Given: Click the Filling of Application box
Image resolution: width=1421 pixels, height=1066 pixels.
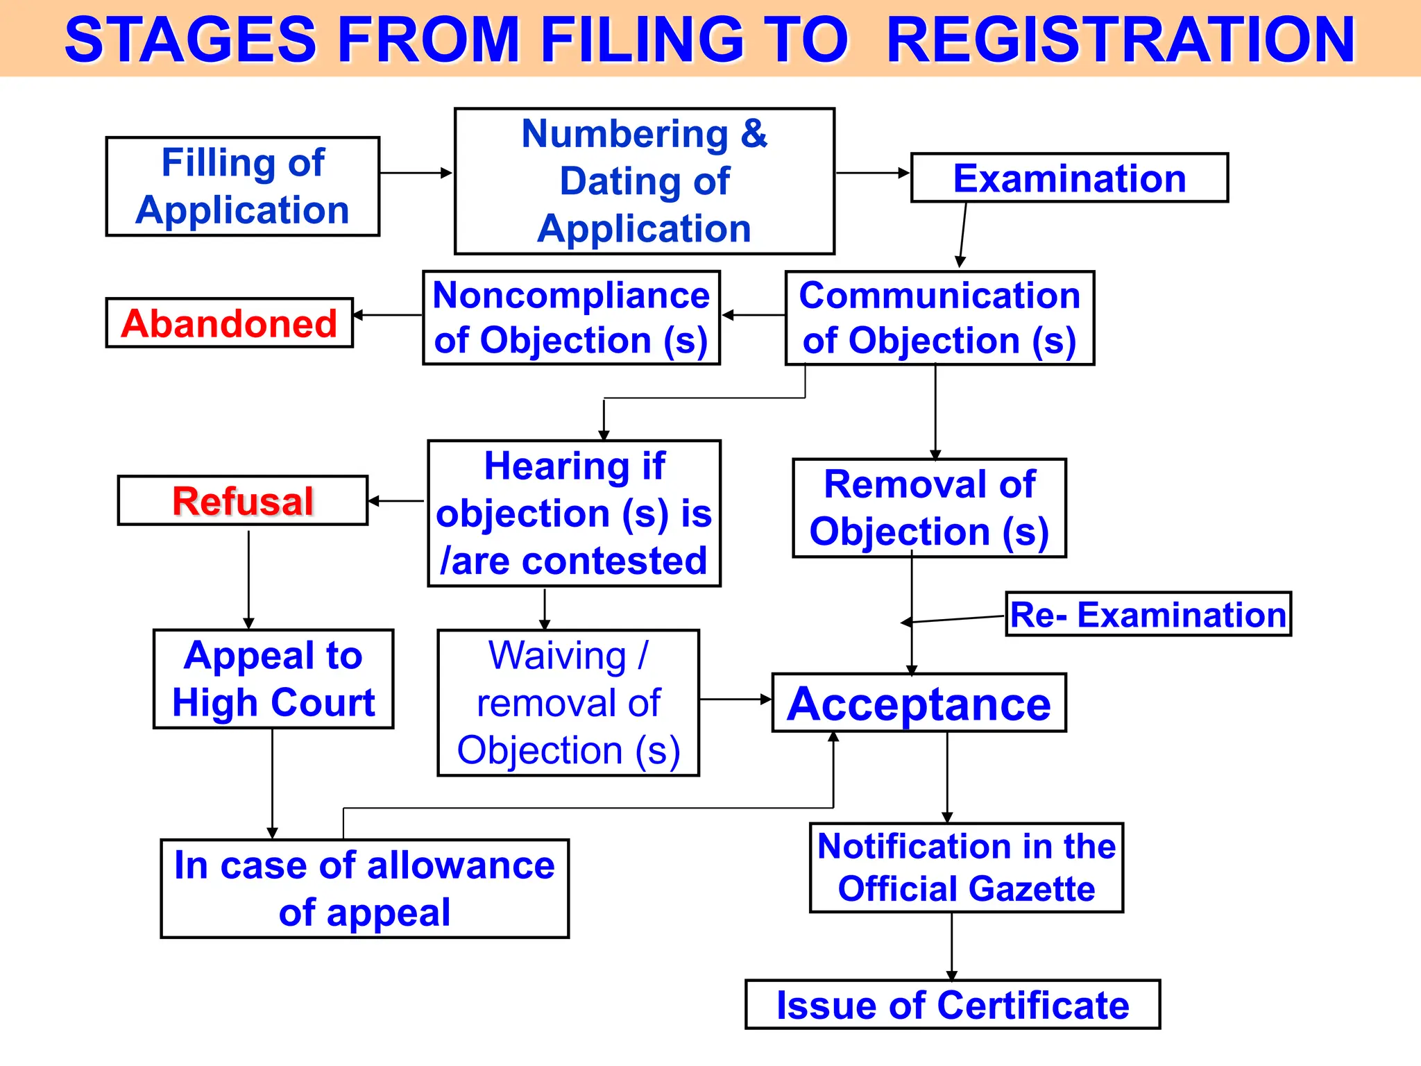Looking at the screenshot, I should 242,186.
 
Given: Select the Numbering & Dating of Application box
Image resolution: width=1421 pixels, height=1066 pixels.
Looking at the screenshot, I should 644,181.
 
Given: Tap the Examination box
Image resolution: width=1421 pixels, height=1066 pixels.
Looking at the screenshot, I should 1069,178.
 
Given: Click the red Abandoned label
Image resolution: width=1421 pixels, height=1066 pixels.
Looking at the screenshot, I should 229,323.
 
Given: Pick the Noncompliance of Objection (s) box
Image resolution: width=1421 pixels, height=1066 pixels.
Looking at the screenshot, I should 571,318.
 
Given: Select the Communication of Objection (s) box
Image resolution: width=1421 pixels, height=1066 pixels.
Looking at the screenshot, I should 939,318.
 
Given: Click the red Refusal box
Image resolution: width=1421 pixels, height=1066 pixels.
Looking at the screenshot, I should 242,500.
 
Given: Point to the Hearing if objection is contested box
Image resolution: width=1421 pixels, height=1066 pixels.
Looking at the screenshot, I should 574,514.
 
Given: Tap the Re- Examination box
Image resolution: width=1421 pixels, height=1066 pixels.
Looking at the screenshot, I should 1148,614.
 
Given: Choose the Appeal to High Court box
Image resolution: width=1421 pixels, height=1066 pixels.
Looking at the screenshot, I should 273,679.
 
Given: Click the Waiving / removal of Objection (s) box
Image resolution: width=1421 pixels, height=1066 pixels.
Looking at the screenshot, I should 568,702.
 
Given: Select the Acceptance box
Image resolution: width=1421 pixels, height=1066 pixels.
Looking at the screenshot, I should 919,703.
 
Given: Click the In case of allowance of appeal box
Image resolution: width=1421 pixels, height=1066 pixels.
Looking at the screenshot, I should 364,888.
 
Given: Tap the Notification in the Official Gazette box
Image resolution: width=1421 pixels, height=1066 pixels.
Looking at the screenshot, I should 966,868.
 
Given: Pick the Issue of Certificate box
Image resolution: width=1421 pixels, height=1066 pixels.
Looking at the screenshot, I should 952,1004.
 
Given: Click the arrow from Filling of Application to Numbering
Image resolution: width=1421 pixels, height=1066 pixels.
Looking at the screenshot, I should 416,173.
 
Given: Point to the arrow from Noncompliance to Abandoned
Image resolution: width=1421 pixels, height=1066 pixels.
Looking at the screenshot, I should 389,315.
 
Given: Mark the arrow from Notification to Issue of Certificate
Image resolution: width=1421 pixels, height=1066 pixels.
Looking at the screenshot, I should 951,946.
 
